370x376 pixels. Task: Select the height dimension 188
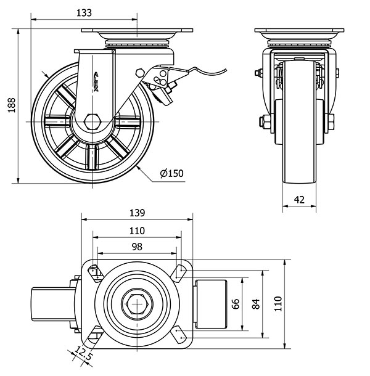pyautogui.click(x=10, y=106)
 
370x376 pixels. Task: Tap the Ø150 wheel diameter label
pyautogui.click(x=171, y=173)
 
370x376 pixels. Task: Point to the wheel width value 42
pyautogui.click(x=299, y=199)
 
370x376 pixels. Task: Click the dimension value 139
pyautogui.click(x=137, y=213)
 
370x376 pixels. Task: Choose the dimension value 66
pyautogui.click(x=235, y=303)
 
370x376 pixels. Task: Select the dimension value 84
pyautogui.click(x=256, y=303)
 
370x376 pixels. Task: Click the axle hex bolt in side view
pyautogui.click(x=94, y=120)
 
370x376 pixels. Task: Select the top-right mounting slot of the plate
pyautogui.click(x=180, y=272)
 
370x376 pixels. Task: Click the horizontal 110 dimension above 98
pyautogui.click(x=137, y=231)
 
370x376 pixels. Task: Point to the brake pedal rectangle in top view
pyautogui.click(x=212, y=303)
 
